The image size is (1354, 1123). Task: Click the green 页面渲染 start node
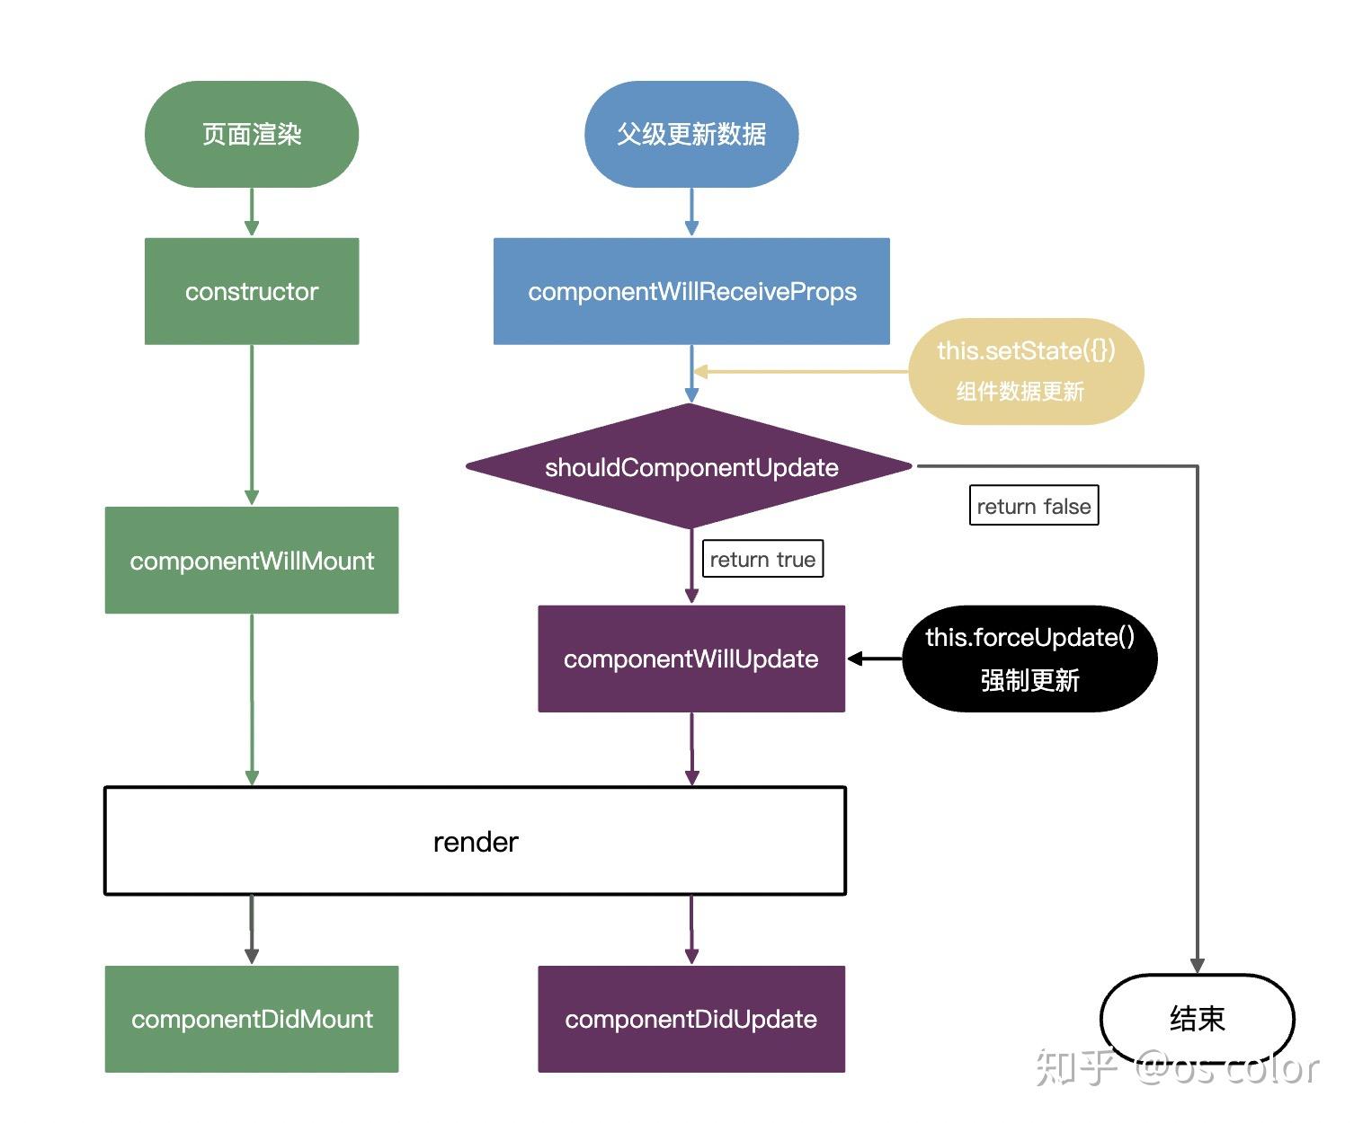(x=252, y=135)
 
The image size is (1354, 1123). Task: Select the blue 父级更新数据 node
(x=691, y=135)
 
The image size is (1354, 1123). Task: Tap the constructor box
(x=252, y=291)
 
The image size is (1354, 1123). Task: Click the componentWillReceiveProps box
(x=691, y=291)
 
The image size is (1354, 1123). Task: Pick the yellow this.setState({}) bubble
(x=1026, y=371)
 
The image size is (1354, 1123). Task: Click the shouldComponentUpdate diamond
(x=690, y=467)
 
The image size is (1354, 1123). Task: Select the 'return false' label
(x=1034, y=506)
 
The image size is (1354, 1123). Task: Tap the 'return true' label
(x=762, y=559)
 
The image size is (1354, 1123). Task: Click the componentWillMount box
(x=252, y=561)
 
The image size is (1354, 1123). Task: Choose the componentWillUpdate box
(x=691, y=659)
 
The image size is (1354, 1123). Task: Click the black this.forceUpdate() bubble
(x=1029, y=659)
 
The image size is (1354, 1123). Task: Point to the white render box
(x=476, y=841)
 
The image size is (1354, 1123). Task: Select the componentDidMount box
(x=252, y=1019)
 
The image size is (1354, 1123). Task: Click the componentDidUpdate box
(x=691, y=1019)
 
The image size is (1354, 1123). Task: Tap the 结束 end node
(x=1197, y=1019)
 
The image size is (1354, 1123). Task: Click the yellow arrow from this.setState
(x=800, y=371)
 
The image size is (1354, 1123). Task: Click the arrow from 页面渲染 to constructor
(x=252, y=212)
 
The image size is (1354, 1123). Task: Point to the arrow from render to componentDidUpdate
(x=691, y=929)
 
